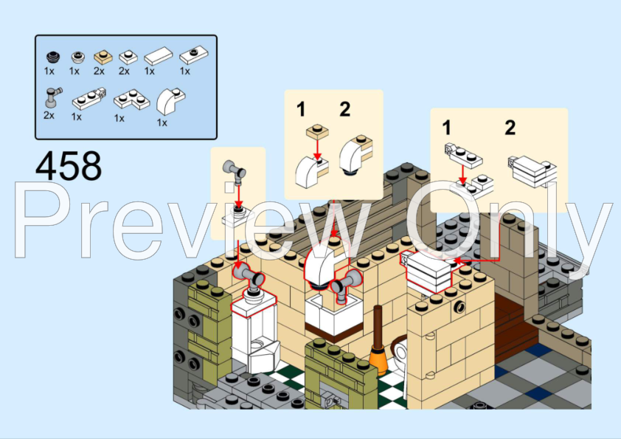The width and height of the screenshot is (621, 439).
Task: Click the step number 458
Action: (69, 165)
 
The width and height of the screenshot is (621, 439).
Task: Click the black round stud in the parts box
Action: (53, 57)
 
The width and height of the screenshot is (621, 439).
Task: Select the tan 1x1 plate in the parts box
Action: (103, 57)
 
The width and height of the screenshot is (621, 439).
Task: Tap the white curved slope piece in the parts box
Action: (170, 101)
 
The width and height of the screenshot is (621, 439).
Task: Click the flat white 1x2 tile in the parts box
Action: (159, 56)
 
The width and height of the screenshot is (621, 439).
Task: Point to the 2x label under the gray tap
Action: (49, 115)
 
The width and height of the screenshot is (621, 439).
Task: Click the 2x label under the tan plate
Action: (99, 71)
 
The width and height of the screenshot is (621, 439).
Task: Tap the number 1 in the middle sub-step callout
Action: (301, 109)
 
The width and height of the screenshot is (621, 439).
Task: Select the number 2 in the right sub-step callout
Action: (510, 128)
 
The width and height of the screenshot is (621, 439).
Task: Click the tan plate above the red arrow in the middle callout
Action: (317, 131)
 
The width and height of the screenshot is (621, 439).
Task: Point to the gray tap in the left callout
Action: (235, 172)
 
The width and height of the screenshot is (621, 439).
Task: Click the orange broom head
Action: (378, 360)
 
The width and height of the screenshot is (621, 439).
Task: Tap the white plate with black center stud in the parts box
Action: (194, 55)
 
